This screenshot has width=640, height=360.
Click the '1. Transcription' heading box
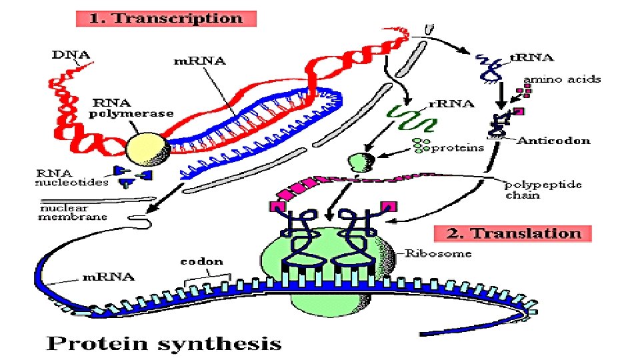[x=166, y=18]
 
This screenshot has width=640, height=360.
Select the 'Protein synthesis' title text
[x=163, y=343]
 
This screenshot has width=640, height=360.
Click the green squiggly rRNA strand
[x=413, y=119]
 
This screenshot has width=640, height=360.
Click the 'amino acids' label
[x=561, y=79]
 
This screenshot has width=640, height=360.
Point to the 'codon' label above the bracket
[x=201, y=261]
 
